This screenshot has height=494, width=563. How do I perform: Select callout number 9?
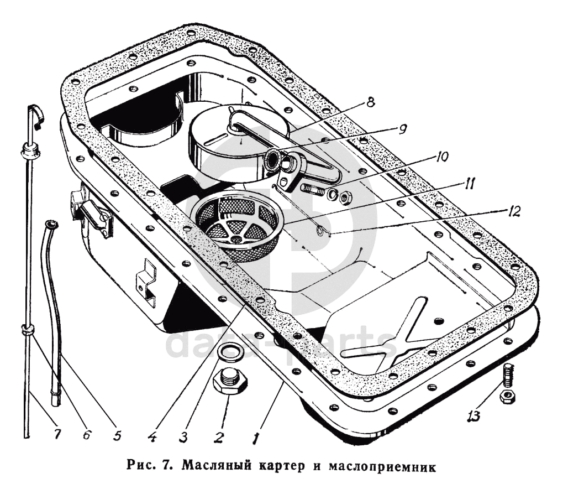click(402, 129)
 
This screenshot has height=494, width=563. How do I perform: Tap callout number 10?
click(441, 157)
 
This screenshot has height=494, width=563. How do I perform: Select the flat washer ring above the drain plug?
click(228, 352)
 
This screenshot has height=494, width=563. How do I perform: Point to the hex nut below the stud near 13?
click(507, 396)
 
